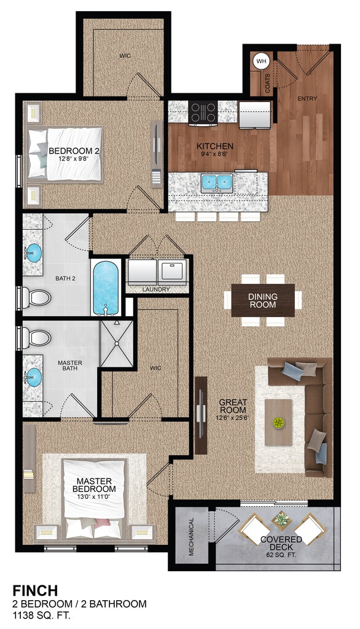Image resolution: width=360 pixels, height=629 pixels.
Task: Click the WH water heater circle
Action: pos(261,61)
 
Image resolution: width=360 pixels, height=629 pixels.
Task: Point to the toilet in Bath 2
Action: pos(36,298)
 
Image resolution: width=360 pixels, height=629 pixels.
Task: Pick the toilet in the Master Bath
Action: pos(36,338)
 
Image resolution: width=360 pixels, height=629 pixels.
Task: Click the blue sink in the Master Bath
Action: pos(34,378)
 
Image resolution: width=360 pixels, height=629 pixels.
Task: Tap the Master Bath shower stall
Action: pos(117,343)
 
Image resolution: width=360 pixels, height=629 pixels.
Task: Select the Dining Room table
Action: pos(263,300)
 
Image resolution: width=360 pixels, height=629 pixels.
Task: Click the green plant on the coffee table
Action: pos(278,422)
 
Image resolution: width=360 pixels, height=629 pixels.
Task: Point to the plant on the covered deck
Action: pos(282,520)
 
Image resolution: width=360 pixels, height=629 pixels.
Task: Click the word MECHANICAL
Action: pos(191,537)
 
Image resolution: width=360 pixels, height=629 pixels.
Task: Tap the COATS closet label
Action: pos(267,83)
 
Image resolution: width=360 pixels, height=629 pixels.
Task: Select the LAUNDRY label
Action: pos(156,289)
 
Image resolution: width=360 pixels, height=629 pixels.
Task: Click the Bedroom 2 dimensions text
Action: pos(74,158)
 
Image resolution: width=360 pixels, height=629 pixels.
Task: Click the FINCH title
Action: pos(35,590)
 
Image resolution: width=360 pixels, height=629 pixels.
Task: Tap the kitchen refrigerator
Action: pos(255,115)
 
